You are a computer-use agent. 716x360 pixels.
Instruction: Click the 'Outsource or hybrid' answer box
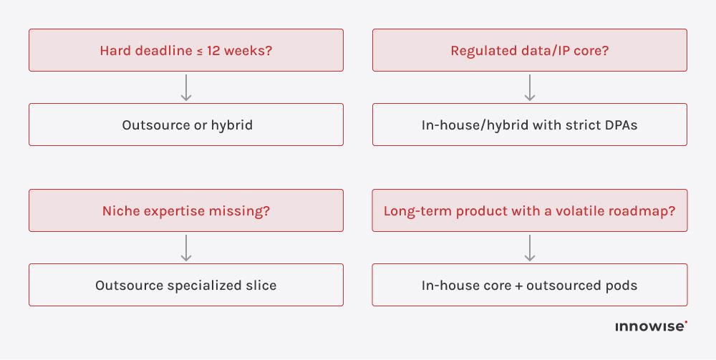[186, 125]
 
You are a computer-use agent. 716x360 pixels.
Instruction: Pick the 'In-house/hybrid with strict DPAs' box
[530, 125]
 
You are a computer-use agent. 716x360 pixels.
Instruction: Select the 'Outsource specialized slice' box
[186, 285]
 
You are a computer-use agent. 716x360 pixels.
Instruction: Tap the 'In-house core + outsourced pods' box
[530, 285]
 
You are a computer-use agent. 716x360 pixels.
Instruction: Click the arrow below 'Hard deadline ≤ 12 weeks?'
[186, 87]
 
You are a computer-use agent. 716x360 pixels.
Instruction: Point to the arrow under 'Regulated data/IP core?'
[530, 87]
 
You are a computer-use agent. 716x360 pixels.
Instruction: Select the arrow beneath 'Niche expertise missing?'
[186, 248]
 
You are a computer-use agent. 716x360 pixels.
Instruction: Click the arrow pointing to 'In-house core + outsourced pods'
[530, 248]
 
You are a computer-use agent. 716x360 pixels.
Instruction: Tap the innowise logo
[651, 326]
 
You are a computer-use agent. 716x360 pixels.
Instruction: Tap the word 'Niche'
[121, 211]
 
